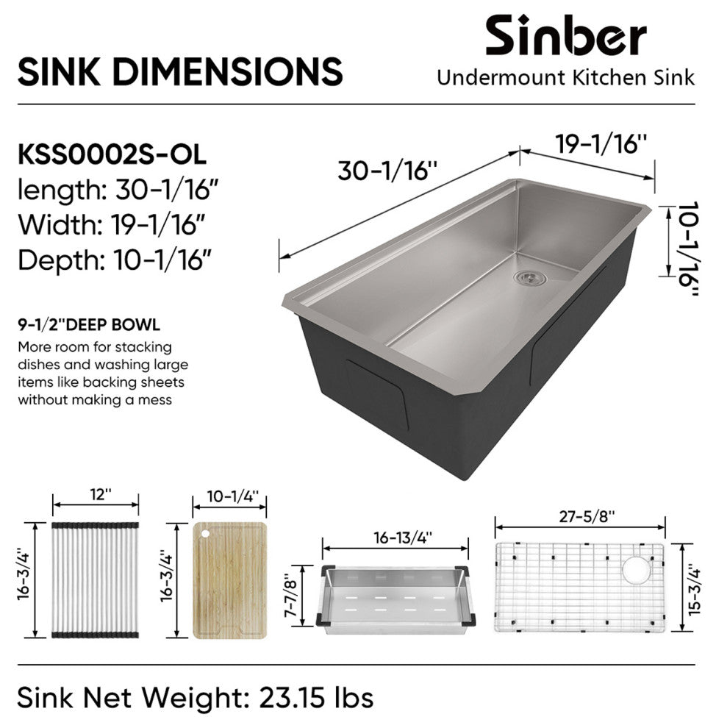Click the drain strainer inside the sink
coord(529,278)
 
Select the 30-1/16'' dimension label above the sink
coord(387,171)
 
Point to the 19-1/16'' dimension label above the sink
coord(601,143)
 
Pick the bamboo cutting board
coord(229,580)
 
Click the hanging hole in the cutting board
coord(204,535)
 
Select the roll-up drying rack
coord(95,580)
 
